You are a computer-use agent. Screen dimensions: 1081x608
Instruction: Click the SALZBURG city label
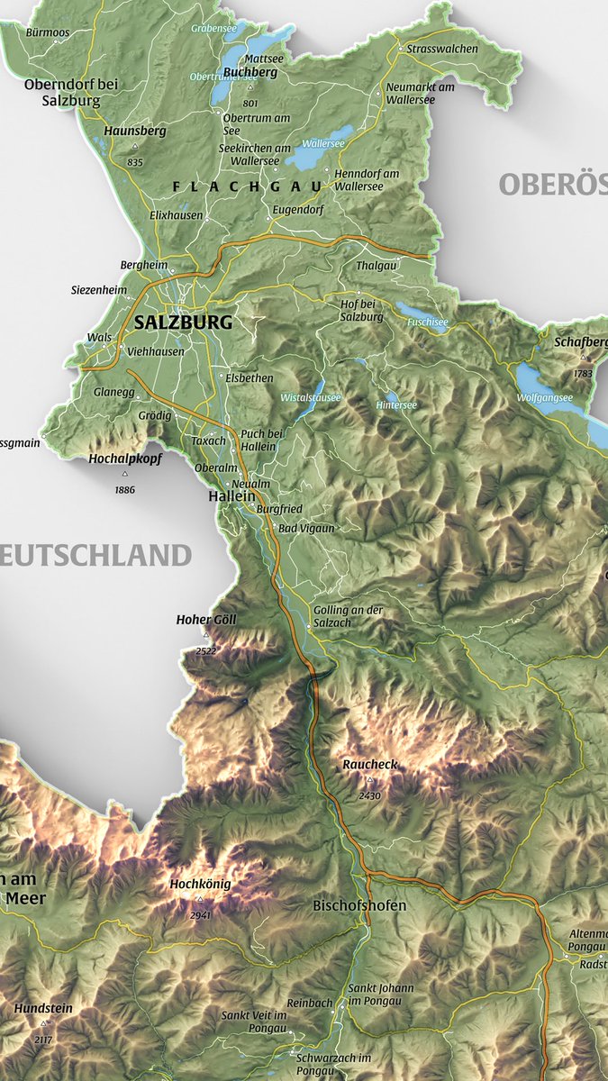pos(183,322)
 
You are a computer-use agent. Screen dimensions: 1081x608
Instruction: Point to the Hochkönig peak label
pos(200,884)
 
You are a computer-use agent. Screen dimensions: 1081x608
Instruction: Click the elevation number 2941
pos(200,915)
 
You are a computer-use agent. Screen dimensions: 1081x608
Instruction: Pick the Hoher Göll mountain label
pos(206,619)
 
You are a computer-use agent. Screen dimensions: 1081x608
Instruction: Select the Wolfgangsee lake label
pos(544,397)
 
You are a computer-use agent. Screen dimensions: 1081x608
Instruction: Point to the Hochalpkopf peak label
pos(124,459)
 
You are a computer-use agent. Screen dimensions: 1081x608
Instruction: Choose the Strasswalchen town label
pos(442,49)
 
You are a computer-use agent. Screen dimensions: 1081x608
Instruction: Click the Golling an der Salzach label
pos(348,616)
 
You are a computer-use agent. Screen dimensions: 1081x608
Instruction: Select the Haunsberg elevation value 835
pos(135,162)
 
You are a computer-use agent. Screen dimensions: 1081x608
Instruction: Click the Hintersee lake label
pos(396,405)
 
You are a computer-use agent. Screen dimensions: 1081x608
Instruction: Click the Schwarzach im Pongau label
pos(340,1064)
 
